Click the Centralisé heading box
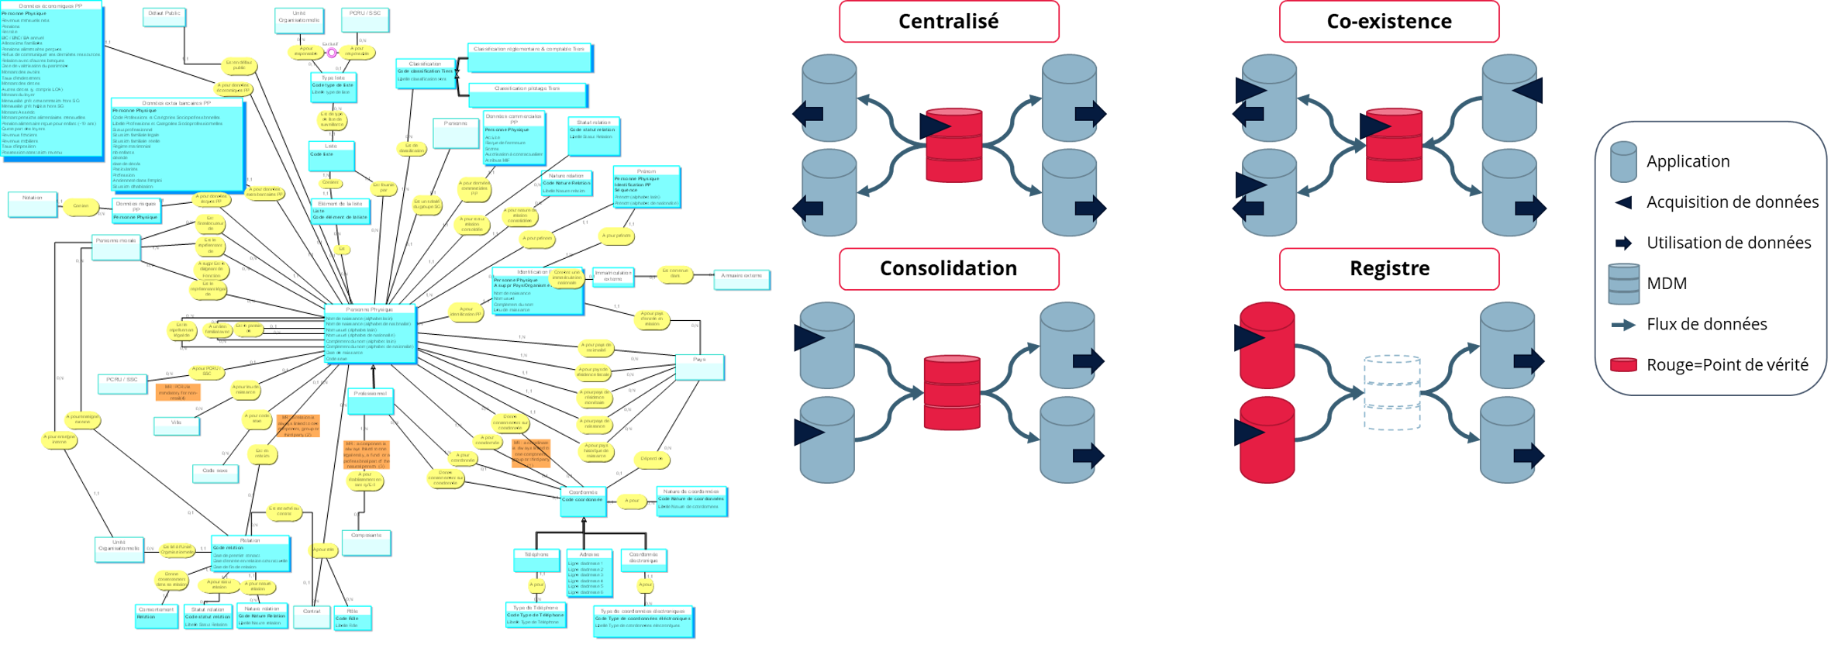(948, 22)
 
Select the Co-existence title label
(1389, 22)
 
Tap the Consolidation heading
(948, 268)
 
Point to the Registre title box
(1389, 268)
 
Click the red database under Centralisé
(954, 146)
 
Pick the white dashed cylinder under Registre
(1392, 393)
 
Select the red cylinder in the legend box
(1623, 364)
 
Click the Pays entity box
(699, 367)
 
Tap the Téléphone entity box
(536, 560)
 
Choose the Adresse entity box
(588, 572)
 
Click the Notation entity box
(33, 204)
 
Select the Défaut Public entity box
(164, 18)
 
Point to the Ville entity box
(177, 426)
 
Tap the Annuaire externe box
(741, 279)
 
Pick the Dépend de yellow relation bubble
(651, 459)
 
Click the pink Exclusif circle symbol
(332, 53)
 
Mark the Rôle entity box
(353, 617)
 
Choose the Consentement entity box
(156, 615)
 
